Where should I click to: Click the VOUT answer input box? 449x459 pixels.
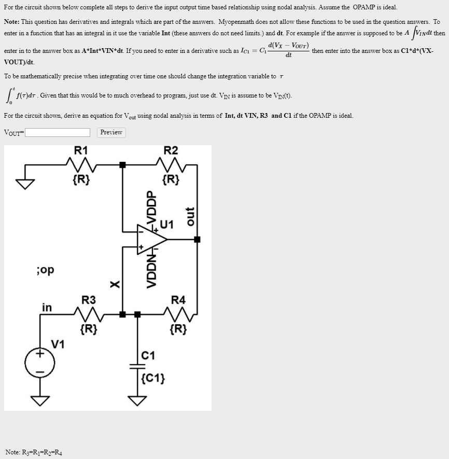pos(58,133)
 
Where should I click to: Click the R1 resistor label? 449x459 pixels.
pos(81,151)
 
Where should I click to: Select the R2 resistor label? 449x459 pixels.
pos(171,151)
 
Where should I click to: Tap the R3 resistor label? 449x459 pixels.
pos(89,300)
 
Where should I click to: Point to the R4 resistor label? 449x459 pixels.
pos(178,300)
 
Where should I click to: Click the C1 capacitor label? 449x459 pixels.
pos(148,355)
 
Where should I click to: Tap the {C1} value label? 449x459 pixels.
pos(153,377)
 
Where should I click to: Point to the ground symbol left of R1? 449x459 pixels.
pos(23,183)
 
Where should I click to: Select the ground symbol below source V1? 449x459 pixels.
pos(40,400)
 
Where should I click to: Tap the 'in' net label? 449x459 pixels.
pos(47,308)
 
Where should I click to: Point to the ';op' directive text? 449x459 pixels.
pos(45,271)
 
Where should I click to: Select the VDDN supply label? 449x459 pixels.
pos(151,269)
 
